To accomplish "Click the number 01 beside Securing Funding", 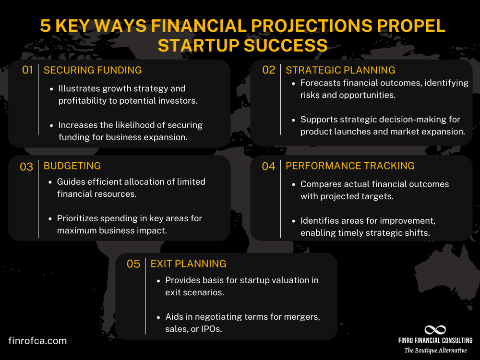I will [x=27, y=70].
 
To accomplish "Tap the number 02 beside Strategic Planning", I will [x=269, y=70].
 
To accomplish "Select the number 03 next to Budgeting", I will [x=26, y=167].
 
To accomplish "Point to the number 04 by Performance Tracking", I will [x=269, y=167].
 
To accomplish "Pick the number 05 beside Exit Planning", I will [x=133, y=264].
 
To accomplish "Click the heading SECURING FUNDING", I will [x=93, y=70].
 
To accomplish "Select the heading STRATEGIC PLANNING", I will [x=340, y=70].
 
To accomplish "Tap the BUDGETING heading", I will [x=72, y=166].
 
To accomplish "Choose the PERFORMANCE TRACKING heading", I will [x=350, y=166].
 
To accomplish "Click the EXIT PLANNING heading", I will [x=188, y=264].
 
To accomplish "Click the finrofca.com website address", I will [x=37, y=341].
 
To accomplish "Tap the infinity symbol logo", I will [x=435, y=330].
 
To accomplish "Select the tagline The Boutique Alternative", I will [x=435, y=350].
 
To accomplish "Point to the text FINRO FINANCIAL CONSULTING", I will [x=435, y=341].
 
